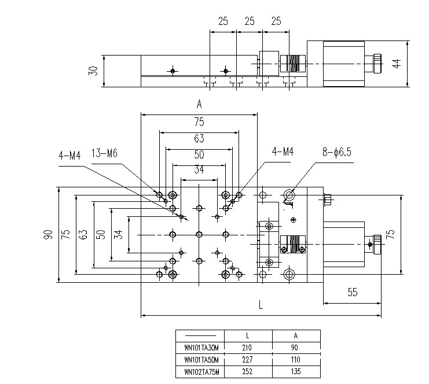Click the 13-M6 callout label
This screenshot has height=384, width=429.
point(104,153)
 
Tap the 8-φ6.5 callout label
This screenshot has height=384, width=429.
point(336,152)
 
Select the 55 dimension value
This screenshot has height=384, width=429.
point(353,292)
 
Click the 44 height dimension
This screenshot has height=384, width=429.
point(397,63)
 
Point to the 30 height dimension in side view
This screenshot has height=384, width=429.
point(93,71)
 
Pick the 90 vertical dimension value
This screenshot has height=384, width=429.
point(48,234)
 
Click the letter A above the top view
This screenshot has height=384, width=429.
point(199,104)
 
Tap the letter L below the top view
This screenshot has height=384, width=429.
point(261,304)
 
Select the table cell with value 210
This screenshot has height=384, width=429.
point(247,348)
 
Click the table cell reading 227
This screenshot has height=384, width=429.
point(247,359)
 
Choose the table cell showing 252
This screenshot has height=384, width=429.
point(247,371)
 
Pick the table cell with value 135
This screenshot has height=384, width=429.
point(296,371)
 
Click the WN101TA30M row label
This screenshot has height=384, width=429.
point(201,348)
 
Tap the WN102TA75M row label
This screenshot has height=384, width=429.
point(201,372)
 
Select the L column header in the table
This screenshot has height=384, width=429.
point(247,335)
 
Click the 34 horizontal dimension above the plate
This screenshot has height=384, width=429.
point(199,169)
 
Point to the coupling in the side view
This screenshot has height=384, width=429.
point(292,64)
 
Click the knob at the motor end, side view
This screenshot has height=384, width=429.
point(377,64)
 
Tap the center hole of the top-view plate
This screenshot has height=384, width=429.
point(199,234)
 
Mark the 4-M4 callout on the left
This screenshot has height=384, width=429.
point(70,156)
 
